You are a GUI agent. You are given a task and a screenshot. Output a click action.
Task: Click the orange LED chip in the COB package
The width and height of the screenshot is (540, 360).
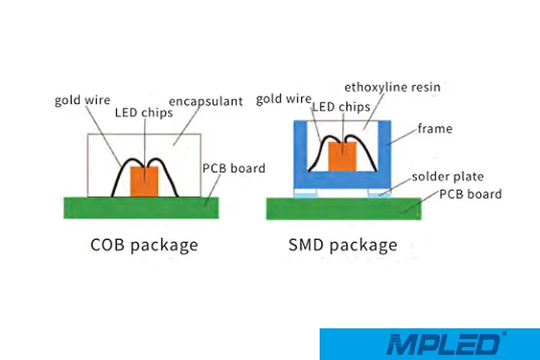tap(144, 181)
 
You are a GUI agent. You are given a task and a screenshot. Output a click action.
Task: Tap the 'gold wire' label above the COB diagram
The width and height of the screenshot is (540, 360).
tap(82, 100)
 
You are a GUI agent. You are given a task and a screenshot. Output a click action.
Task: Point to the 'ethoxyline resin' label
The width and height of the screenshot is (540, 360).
tap(392, 86)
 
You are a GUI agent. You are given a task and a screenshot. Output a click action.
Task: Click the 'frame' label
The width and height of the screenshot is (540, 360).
tap(435, 129)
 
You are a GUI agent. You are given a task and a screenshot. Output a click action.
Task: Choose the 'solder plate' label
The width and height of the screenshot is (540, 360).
tap(447, 176)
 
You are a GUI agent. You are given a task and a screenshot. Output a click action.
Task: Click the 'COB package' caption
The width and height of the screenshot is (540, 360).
tap(144, 245)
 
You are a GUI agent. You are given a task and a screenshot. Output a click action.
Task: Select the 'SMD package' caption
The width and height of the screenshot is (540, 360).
tap(343, 245)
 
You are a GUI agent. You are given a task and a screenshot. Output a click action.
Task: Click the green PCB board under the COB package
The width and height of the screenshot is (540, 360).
tap(144, 204)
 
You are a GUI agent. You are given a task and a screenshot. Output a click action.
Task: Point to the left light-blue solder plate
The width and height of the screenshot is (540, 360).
tap(305, 193)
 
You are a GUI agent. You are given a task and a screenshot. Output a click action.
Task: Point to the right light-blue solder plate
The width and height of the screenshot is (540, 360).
tap(379, 193)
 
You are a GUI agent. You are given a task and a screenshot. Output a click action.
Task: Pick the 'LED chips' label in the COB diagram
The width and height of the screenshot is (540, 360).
tap(143, 113)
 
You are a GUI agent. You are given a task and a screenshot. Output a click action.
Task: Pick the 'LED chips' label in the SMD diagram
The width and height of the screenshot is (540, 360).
tap(342, 107)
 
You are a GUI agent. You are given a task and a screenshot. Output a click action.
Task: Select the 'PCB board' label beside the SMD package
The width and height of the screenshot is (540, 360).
tap(470, 194)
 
